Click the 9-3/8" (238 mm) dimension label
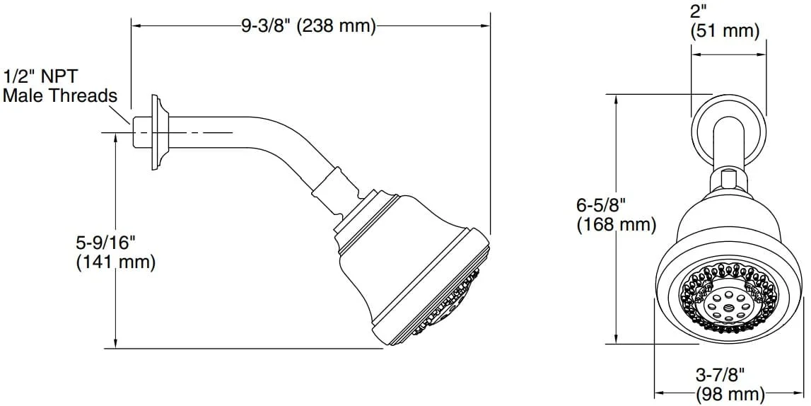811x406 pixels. (308, 25)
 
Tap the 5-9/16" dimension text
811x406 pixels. (105, 241)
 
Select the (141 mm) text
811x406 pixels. (116, 262)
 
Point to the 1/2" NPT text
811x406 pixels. (41, 76)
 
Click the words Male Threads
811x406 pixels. (60, 96)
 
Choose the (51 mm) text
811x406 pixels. (725, 31)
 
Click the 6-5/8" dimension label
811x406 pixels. (602, 204)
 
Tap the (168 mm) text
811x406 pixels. (617, 224)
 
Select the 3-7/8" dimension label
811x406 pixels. (720, 373)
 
